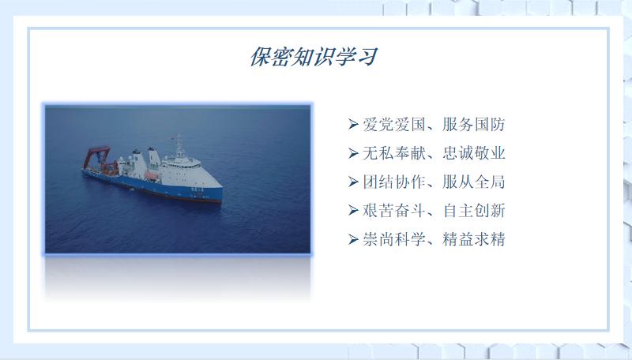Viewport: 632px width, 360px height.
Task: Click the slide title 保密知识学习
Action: [314, 57]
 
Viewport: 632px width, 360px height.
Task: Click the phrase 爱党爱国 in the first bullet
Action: [393, 125]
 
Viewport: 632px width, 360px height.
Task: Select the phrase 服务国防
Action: [473, 125]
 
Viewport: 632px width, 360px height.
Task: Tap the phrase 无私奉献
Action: [393, 153]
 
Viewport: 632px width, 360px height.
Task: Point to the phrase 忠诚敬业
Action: [473, 153]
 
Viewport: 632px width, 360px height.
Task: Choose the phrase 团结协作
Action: [393, 182]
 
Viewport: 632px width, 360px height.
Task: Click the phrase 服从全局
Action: [473, 182]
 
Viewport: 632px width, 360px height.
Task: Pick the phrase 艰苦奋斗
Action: [393, 211]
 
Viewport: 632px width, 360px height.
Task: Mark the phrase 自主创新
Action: [473, 211]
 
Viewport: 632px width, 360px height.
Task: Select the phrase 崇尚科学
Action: [393, 239]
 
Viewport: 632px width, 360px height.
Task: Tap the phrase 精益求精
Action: [473, 239]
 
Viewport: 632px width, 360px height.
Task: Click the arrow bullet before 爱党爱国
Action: [353, 125]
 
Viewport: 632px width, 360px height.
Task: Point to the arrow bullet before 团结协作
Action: [353, 182]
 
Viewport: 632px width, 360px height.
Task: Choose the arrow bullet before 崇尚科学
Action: [353, 239]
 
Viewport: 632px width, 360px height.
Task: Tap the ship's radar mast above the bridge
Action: [179, 146]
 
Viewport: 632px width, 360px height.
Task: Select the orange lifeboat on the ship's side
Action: [151, 176]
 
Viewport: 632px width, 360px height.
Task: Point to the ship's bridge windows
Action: [183, 164]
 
